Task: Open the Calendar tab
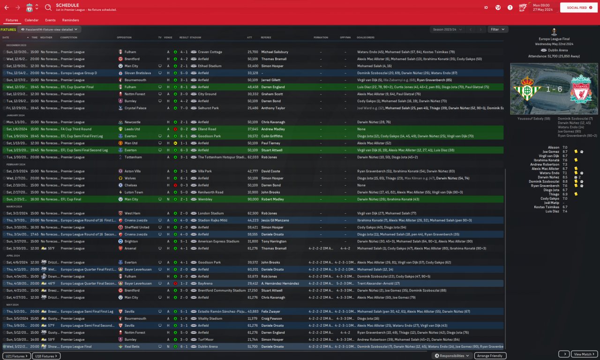tap(31, 20)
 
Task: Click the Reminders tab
tap(70, 20)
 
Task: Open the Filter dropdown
tap(497, 30)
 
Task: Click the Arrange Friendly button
tap(490, 356)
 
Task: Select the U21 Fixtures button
tap(16, 356)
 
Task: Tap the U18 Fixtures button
tap(47, 356)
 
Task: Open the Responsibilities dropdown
tap(452, 356)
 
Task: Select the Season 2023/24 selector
tap(446, 30)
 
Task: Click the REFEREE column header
tap(266, 37)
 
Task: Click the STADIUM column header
tap(195, 37)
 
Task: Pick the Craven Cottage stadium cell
tap(210, 52)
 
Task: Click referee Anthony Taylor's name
tap(273, 108)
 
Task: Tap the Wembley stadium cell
tap(204, 199)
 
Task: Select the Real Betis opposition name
tap(133, 347)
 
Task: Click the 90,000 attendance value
tap(253, 199)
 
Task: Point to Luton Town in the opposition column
tap(134, 192)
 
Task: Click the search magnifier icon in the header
tap(48, 7)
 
